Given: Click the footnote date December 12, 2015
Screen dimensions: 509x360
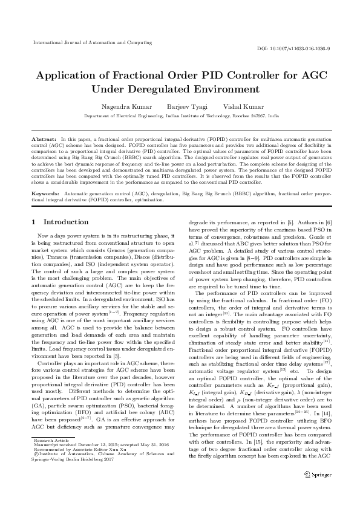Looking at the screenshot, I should pos(87,462).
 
